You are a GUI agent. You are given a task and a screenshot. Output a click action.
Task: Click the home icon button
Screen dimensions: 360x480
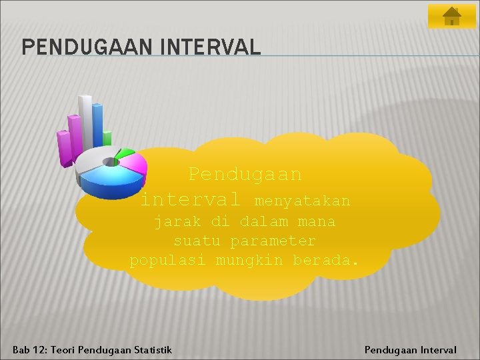click(451, 16)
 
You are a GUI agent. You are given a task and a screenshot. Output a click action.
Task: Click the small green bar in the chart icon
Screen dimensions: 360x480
click(107, 139)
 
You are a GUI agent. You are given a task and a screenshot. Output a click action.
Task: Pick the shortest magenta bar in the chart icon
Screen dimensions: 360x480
click(64, 148)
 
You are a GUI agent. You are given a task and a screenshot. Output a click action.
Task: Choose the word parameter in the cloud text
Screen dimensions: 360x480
click(273, 240)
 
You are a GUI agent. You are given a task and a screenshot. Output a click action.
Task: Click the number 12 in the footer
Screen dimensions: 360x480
click(39, 349)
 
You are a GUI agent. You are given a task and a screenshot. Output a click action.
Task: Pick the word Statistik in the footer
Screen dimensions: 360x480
click(153, 349)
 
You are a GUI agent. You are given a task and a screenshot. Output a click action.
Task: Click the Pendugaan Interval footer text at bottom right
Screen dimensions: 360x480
click(410, 349)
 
